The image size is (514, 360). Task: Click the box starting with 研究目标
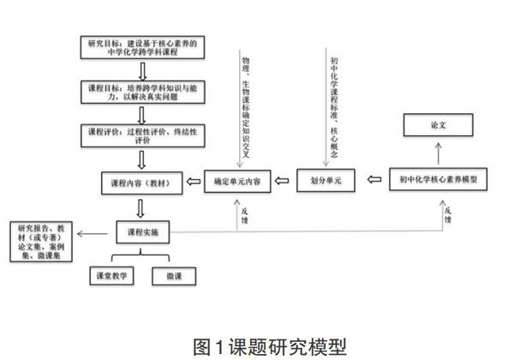142,47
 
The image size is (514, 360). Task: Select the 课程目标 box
142,95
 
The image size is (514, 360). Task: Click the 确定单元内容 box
238,182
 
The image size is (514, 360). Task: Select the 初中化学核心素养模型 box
438,182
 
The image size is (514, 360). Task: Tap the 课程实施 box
142,231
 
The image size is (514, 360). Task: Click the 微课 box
174,277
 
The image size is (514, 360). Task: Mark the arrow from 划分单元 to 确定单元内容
287,182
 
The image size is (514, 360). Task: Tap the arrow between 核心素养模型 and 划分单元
374,182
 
